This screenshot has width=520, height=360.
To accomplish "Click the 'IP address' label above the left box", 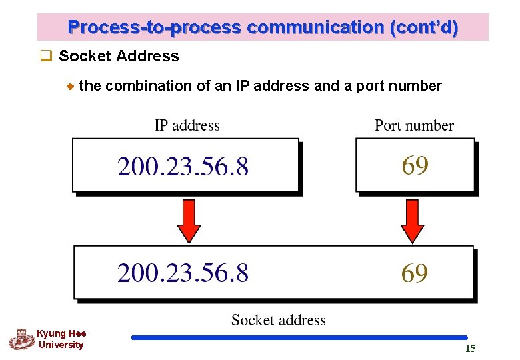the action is click(187, 125).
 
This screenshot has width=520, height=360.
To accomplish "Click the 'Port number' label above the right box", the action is click(414, 125).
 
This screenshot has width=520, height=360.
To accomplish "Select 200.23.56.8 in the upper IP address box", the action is click(183, 166).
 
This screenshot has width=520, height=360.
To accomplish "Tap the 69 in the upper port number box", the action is click(415, 165).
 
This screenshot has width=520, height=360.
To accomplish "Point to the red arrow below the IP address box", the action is click(189, 221).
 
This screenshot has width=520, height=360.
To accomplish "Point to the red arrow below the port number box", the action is click(412, 221).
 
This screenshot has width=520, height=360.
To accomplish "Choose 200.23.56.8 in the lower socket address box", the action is click(183, 273).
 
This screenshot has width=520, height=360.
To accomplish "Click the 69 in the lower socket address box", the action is click(415, 273).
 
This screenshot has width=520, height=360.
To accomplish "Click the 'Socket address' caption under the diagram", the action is click(279, 320).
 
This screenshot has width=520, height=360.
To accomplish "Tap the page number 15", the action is click(470, 349).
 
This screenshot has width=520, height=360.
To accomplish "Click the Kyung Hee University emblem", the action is click(21, 339).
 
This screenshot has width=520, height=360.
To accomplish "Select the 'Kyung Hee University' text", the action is click(61, 339).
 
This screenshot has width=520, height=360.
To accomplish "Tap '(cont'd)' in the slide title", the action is click(425, 28).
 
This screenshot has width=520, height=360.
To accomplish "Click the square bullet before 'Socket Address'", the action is click(46, 56).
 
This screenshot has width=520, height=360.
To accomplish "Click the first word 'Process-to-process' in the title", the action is click(154, 28).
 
